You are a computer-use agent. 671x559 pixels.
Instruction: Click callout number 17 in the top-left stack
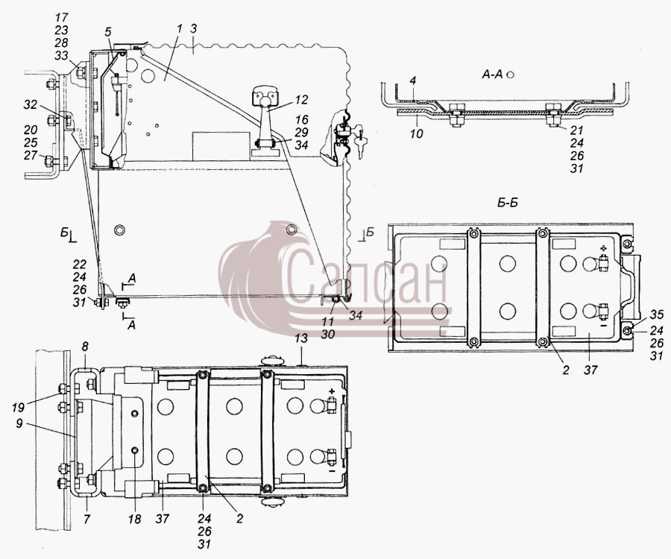coord(62,18)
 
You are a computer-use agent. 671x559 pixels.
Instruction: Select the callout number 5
coord(107,31)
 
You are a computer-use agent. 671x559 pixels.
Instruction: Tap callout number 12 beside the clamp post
coord(301,100)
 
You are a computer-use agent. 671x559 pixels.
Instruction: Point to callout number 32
coord(31,105)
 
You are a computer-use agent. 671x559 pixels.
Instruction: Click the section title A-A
coord(492,75)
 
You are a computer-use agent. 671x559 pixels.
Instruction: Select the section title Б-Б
coord(507,202)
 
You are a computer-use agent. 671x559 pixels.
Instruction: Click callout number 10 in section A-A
coord(416,134)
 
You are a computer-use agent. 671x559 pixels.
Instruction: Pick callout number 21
coord(576,130)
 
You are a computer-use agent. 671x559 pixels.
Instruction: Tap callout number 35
coord(656,315)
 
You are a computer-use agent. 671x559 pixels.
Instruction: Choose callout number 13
coord(301,338)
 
